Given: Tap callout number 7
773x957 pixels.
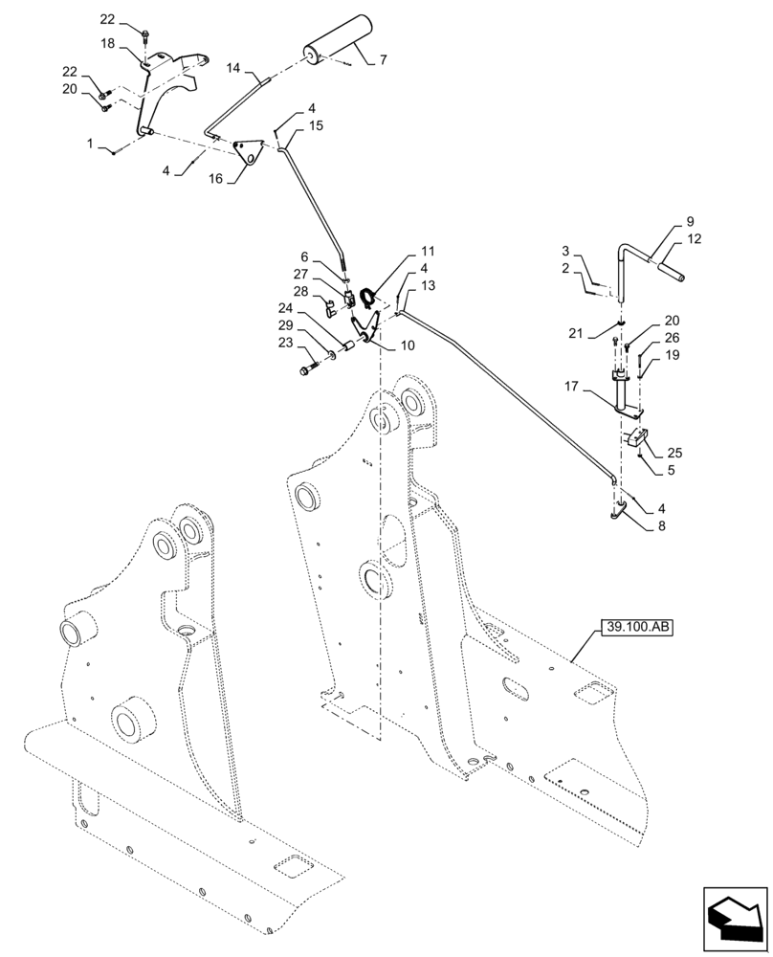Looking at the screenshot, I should tap(383, 59).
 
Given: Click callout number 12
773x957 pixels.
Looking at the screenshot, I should tap(694, 239).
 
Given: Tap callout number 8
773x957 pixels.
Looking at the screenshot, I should tap(661, 524).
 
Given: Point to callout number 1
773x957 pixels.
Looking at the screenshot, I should tap(90, 144).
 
